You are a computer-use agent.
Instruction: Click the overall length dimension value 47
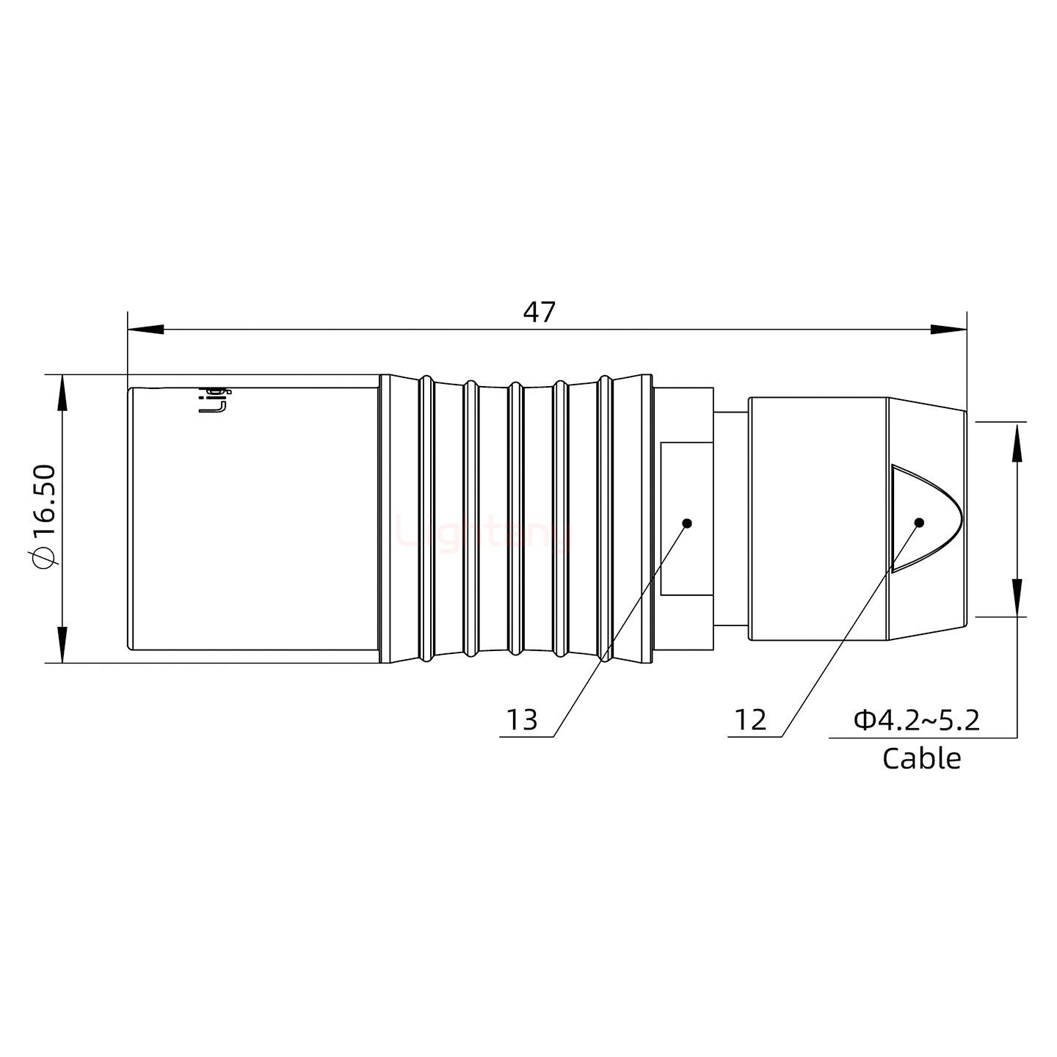539,312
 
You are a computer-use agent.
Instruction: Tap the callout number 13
523,720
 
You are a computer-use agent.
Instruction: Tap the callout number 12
750,720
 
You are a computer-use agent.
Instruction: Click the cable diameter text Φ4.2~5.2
917,720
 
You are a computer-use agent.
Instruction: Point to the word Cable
921,758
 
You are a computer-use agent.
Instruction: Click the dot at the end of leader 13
687,523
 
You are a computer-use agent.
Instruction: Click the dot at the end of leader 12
918,523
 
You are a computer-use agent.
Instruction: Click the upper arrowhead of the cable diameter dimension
1017,441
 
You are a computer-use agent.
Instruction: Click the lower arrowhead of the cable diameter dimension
1017,597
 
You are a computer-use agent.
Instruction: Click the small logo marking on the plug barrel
215,399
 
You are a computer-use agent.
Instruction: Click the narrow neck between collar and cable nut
730,518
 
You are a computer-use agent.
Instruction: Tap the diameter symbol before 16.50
44,558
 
